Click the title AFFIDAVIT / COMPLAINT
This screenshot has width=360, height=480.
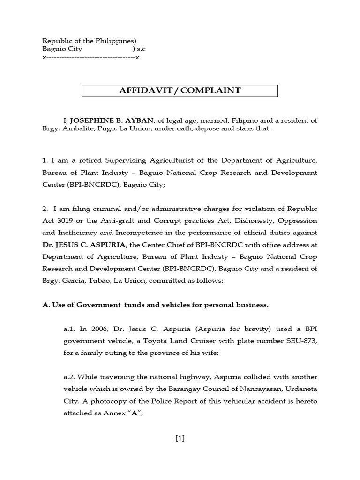coord(180,90)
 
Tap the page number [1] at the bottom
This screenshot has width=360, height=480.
coord(180,438)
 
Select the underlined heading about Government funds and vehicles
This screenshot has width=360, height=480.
coord(160,305)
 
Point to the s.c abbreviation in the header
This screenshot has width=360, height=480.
coord(142,49)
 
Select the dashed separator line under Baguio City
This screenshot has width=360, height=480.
coord(91,57)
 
